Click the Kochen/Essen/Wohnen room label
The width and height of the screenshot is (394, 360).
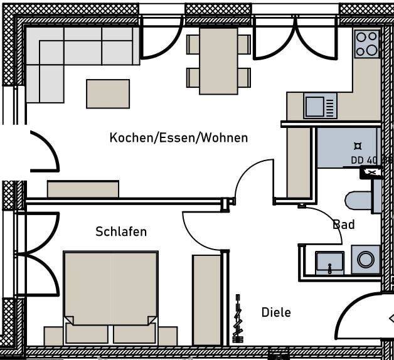[x=178, y=137]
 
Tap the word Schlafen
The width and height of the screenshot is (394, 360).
[x=121, y=231]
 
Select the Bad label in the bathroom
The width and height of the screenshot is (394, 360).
[x=343, y=224]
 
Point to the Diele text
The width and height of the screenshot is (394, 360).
[x=276, y=312]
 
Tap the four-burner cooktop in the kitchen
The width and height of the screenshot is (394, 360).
[x=367, y=43]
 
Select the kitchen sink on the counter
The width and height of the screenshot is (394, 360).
[x=320, y=105]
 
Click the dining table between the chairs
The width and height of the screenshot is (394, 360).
[x=218, y=61]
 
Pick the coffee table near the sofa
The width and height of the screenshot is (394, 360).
[x=108, y=93]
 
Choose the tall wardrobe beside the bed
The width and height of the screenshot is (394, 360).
[x=206, y=299]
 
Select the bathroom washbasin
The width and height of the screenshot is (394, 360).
[x=329, y=262]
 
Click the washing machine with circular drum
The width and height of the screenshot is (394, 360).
[x=365, y=260]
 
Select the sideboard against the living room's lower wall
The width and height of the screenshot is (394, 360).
[x=83, y=189]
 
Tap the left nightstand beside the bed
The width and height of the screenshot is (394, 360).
[x=53, y=336]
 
